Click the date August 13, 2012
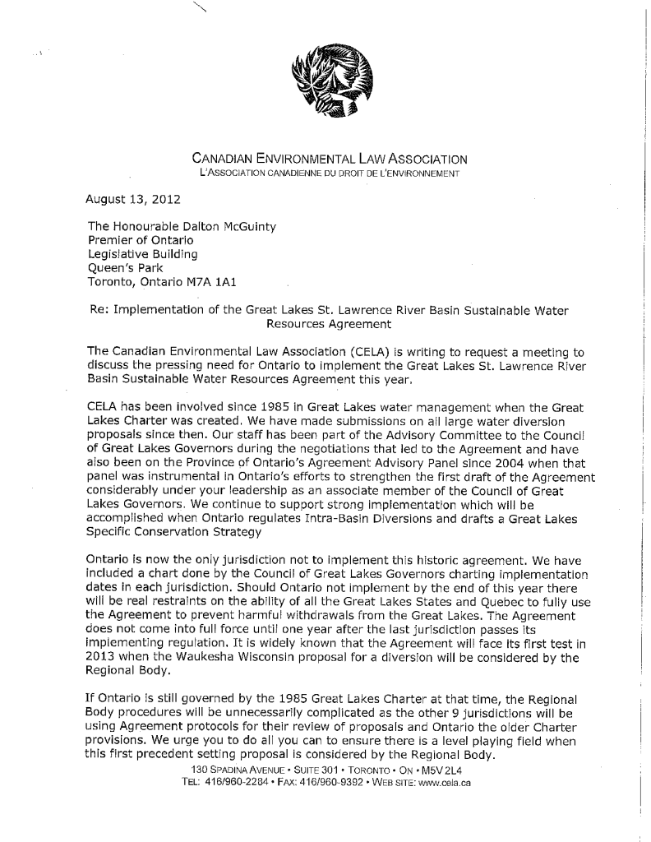133,200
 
